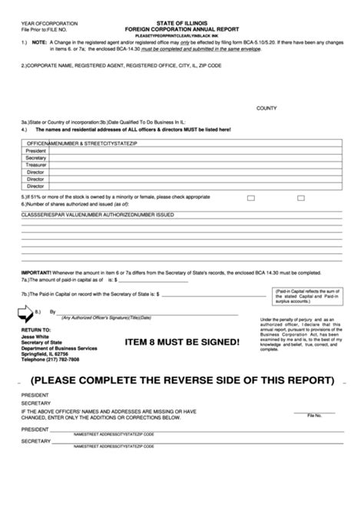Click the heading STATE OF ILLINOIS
(181, 5)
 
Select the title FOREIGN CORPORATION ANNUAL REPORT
(181, 13)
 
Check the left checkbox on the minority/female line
(251, 197)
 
